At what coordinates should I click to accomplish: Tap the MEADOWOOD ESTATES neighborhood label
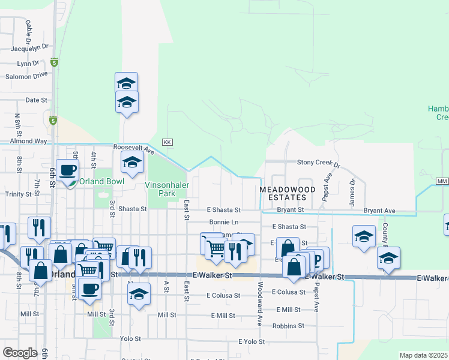coord(287,193)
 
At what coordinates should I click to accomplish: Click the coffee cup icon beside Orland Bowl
coord(67,170)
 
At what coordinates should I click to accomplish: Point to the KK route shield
coord(167,142)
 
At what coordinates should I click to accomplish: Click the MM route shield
coord(442,181)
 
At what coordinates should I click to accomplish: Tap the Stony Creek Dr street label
coord(319,163)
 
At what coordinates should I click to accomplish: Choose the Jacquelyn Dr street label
coord(31,46)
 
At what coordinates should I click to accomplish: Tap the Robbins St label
coord(288,326)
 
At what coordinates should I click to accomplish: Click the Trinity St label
coord(18,194)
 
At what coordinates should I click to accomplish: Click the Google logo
coord(20,352)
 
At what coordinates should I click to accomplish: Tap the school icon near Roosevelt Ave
coord(132,161)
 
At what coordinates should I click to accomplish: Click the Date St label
coord(36,100)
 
